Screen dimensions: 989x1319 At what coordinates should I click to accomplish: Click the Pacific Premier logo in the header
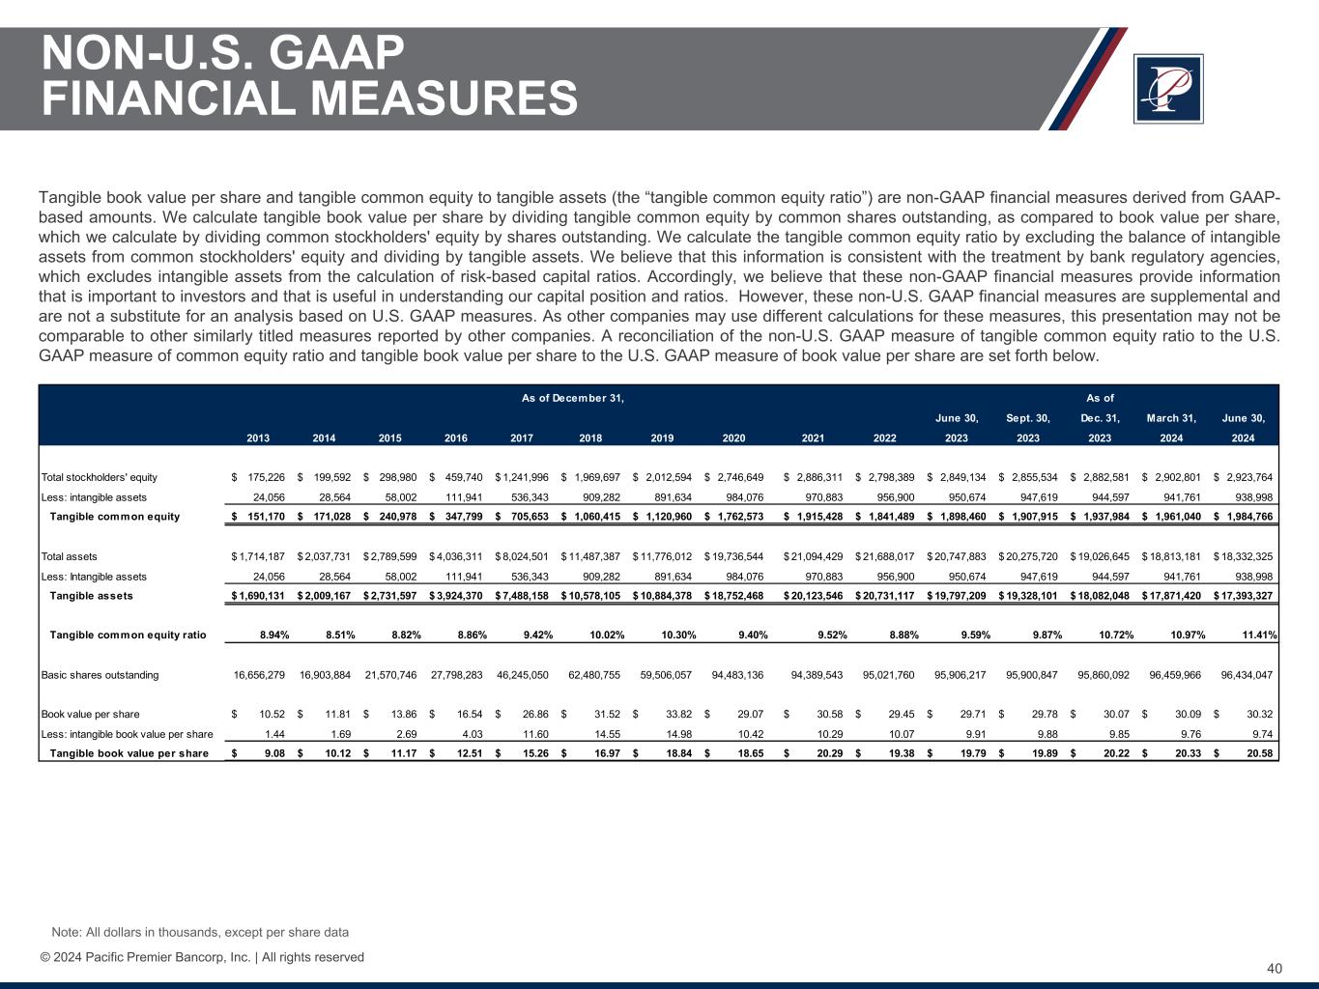coord(1167,89)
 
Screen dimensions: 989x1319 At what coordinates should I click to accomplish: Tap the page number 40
coord(1275,969)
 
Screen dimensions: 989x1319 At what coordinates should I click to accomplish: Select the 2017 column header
coord(522,438)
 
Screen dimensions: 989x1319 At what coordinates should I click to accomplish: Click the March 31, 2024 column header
coord(1171,428)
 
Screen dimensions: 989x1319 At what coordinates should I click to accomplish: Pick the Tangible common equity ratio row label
coord(128,635)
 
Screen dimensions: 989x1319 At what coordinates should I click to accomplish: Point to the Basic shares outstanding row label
coord(100,675)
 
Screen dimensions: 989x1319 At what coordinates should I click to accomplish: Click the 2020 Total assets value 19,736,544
coord(740,556)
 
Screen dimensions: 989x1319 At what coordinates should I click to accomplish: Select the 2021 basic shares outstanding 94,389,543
coord(817,675)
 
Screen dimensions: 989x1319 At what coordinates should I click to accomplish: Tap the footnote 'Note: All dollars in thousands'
coord(200,932)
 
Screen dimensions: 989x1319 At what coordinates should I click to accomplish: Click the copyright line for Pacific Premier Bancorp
coord(202,957)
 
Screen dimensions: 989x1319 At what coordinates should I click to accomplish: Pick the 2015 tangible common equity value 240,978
coord(393,516)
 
